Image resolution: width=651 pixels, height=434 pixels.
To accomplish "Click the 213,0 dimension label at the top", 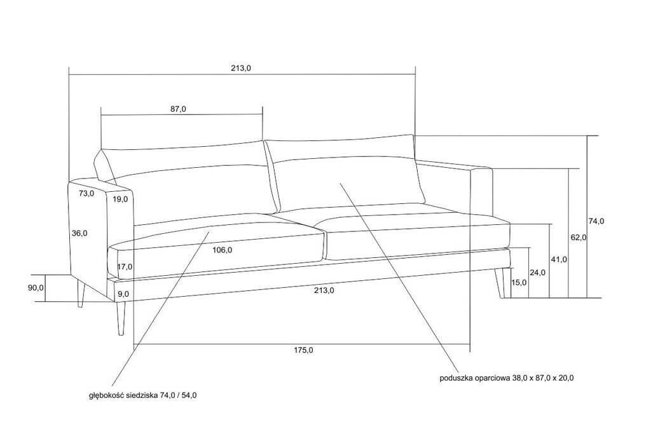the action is [x=241, y=69].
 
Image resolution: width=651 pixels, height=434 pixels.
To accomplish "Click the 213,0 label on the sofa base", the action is [x=324, y=290].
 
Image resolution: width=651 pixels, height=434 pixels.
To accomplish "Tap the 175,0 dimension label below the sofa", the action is [x=303, y=350].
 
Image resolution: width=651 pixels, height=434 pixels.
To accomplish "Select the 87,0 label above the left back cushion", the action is [x=178, y=109].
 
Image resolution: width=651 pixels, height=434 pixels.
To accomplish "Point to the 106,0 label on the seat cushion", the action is [x=222, y=250].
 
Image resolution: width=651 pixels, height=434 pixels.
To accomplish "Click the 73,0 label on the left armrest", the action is [x=86, y=193].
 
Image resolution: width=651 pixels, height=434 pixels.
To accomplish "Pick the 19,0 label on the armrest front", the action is [x=120, y=200].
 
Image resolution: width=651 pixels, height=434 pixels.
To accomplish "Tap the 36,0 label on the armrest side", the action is [x=79, y=233].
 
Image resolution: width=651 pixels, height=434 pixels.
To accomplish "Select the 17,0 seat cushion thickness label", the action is [x=125, y=267].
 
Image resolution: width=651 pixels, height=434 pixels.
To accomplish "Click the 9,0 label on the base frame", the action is [x=123, y=294].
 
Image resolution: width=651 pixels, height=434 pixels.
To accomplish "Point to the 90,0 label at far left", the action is [x=36, y=287].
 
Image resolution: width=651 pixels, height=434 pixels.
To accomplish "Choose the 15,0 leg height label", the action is [x=519, y=283].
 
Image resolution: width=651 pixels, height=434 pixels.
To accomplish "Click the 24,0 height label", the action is [x=537, y=273].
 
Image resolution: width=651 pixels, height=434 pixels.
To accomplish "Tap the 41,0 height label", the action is [x=559, y=260].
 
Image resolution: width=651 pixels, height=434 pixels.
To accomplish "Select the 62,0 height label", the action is [x=579, y=238].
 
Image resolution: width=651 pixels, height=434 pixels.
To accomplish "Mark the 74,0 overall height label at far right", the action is [x=596, y=221].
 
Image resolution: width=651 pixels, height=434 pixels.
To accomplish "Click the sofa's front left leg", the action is [x=121, y=318].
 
